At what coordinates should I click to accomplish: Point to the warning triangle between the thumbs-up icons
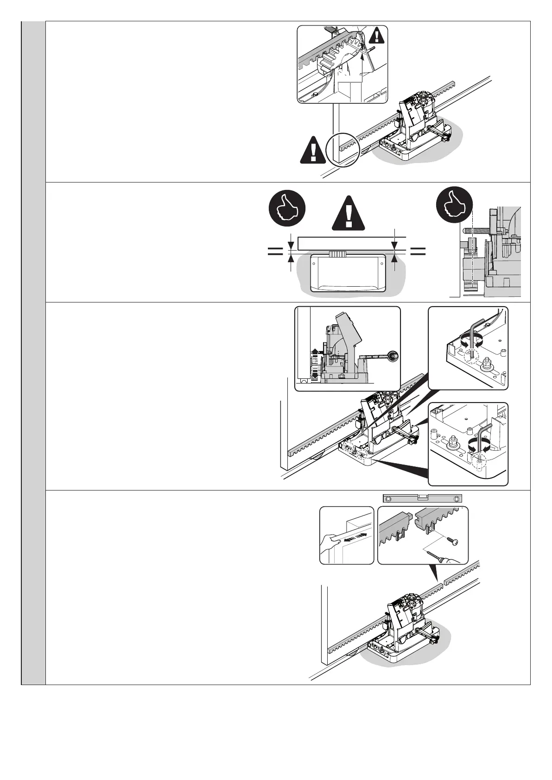click(349, 214)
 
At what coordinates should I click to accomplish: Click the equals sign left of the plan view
click(275, 251)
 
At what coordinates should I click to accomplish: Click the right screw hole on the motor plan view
click(381, 264)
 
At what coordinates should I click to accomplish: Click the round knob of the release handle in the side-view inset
click(393, 356)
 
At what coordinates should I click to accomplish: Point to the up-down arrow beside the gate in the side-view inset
click(314, 364)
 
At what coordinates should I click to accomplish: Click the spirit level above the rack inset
click(422, 498)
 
